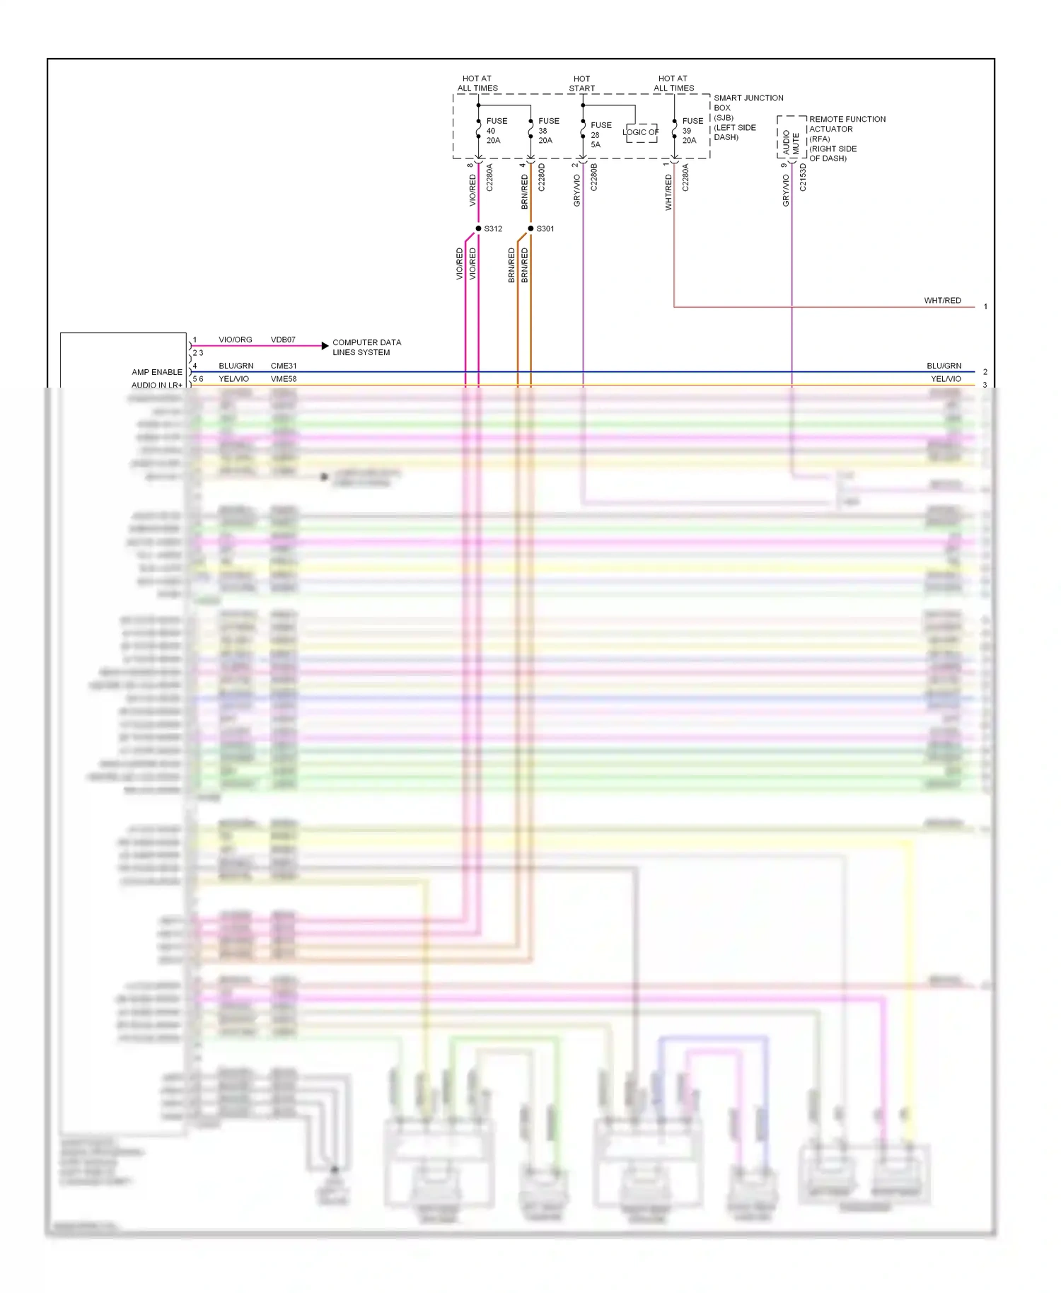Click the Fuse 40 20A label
[496, 131]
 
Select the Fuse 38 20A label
[547, 131]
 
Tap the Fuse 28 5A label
[600, 134]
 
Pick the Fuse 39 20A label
[692, 131]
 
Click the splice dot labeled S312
[478, 228]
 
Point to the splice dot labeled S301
[530, 228]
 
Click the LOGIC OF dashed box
[641, 132]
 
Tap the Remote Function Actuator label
[847, 139]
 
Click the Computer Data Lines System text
[366, 347]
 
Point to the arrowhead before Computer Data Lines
[325, 346]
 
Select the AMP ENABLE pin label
[156, 372]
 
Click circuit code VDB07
[283, 340]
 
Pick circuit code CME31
[283, 366]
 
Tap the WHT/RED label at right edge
[942, 301]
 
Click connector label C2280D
[542, 178]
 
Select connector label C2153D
[803, 178]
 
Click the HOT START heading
[581, 83]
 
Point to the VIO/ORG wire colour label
[235, 340]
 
